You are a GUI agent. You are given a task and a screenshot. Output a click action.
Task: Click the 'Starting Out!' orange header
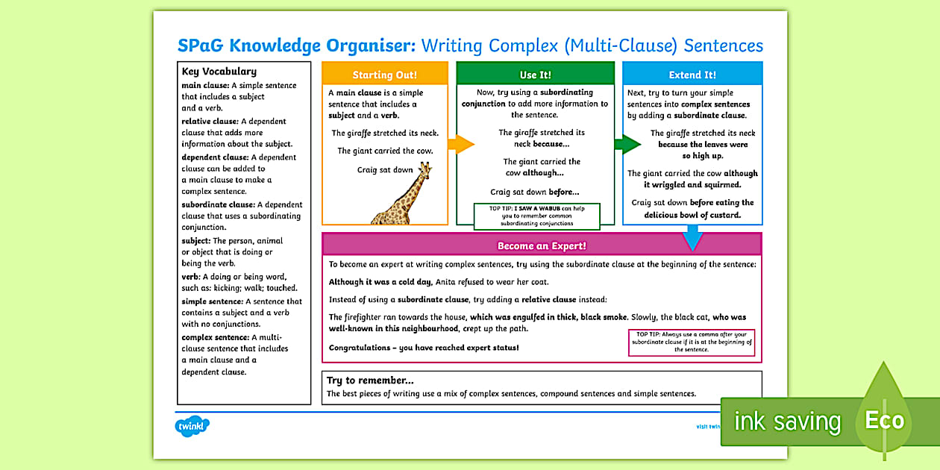pos(384,75)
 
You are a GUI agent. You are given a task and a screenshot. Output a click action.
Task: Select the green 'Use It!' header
pos(534,75)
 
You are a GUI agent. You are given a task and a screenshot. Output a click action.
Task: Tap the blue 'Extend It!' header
pos(692,75)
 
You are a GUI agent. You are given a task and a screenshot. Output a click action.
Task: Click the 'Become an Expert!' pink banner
pos(542,245)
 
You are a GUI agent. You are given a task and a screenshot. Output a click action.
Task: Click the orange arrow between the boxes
pos(463,144)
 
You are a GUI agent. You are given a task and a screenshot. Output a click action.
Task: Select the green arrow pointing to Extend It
pos(627,144)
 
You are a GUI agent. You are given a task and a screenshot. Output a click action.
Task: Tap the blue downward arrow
pos(693,238)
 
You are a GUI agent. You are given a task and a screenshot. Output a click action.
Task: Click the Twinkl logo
pos(192,427)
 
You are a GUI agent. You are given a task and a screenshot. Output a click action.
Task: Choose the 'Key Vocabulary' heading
pos(219,72)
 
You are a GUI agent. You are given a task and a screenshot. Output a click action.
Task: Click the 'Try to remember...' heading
pos(370,380)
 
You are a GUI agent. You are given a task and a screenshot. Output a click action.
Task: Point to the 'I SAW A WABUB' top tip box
pos(536,216)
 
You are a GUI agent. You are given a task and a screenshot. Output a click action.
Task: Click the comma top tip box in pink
pos(691,342)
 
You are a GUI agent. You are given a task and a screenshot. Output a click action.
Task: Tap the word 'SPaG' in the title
pos(201,46)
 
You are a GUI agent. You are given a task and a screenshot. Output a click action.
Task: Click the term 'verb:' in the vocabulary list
pos(191,277)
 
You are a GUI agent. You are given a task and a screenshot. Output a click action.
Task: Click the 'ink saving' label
pos(787,422)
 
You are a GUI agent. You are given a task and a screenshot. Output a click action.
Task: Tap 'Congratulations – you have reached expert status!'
pos(424,348)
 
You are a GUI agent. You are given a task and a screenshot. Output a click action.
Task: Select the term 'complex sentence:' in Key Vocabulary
pos(215,337)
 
